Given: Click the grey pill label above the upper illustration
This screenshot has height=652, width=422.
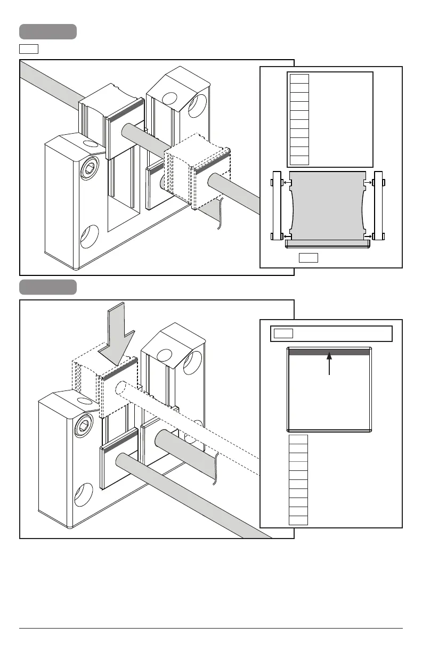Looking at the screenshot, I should point(48,31).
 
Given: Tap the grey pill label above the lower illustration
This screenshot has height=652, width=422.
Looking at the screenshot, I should point(48,287).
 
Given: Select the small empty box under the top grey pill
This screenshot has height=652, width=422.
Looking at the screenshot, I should point(29,50).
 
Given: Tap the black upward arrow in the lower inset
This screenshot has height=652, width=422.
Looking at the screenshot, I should point(330,365).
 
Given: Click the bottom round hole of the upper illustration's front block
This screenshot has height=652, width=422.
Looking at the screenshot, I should point(89,235).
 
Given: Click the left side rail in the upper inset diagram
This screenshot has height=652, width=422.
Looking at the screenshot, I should point(276,206).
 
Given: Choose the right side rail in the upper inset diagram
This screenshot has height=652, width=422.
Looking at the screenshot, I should point(379,206).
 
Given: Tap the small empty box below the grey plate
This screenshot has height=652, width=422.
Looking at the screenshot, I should point(308,258).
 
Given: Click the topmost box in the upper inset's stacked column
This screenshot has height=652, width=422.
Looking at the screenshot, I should point(299,79).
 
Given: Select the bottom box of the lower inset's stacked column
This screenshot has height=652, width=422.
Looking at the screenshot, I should point(298,520).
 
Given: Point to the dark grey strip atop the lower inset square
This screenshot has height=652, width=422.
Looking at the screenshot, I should point(329,352).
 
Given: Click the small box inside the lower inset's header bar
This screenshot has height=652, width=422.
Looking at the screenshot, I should point(283,334).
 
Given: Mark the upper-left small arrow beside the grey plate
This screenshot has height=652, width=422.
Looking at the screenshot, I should point(287,183).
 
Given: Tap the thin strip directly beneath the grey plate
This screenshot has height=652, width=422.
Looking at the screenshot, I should point(328,243).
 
